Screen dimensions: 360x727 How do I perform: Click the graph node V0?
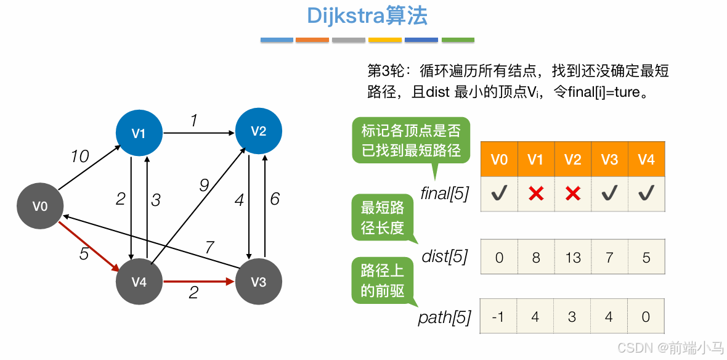40,207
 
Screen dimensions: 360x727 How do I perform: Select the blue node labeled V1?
139,133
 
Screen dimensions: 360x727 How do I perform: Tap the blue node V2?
259,131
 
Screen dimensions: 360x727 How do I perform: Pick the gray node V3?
259,282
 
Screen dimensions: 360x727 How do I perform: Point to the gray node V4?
139,282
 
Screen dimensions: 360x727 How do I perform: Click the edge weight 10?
79,157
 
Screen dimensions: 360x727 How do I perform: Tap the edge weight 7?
209,248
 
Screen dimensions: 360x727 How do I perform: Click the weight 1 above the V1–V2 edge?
194,120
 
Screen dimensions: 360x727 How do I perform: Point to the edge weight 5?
84,253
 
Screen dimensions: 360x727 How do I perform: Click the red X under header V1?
536,194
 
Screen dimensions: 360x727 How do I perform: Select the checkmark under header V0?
499,194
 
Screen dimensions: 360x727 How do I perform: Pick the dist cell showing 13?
573,257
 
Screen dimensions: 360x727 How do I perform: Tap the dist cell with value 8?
536,257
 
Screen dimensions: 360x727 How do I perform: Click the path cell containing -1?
499,316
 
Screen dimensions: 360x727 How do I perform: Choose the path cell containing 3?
573,316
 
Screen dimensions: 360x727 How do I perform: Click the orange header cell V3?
609,160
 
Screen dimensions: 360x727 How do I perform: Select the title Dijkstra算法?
367,17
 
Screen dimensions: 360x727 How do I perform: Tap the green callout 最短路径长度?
383,218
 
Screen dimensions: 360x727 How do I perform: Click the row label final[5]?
444,194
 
